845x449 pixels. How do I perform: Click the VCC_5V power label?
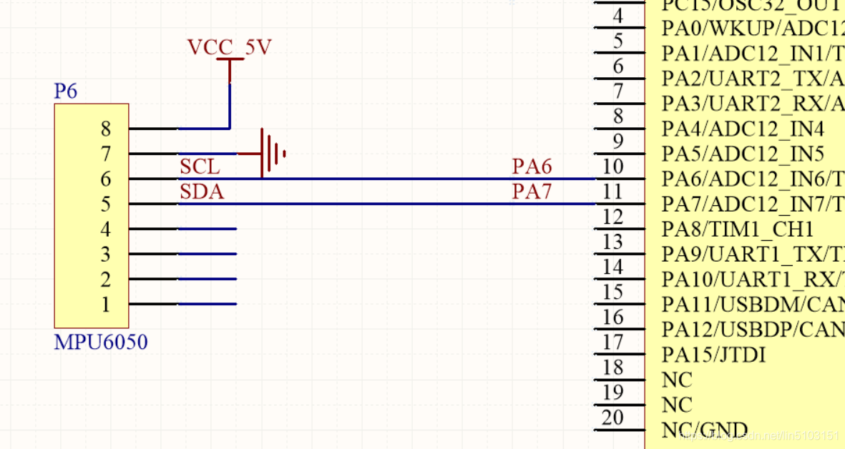coord(229,47)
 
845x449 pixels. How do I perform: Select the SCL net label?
coord(200,167)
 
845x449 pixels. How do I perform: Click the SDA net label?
coord(202,192)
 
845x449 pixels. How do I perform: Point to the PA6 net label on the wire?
coord(532,167)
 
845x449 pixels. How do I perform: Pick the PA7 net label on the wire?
coord(532,192)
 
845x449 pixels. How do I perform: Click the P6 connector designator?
coord(66,92)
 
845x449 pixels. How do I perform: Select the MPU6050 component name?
coord(101,342)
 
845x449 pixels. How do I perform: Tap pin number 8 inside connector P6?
coord(106,129)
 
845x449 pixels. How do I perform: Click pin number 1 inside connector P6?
coord(106,305)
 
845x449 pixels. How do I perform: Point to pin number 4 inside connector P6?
coord(106,230)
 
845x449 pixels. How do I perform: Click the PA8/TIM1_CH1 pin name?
coord(738,230)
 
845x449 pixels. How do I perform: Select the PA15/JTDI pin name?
coord(713,355)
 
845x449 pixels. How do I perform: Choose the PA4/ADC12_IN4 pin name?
coord(743,129)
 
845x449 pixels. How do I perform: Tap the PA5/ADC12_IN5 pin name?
coord(743,154)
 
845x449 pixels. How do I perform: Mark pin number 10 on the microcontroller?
coord(613,167)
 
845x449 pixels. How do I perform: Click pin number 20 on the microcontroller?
coord(613,417)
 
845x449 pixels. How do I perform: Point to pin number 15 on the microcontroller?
coord(613,292)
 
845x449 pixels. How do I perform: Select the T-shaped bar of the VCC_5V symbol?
coord(230,60)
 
